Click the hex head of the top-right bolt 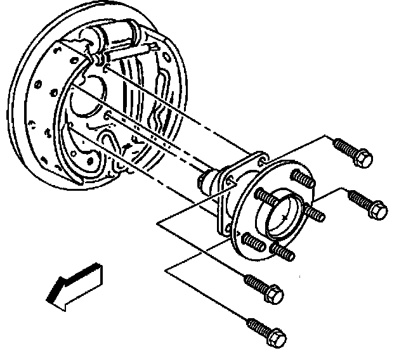click(363, 158)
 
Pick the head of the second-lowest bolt click(273, 293)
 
